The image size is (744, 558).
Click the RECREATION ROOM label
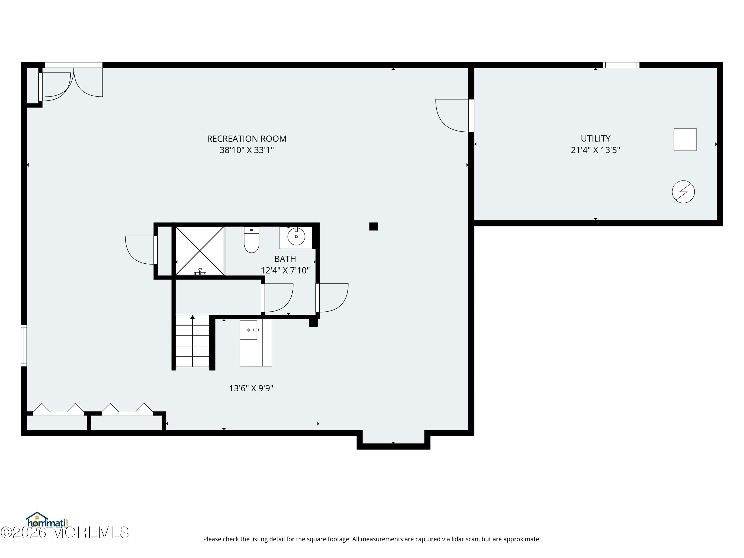tap(247, 139)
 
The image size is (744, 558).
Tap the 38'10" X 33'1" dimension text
tap(247, 150)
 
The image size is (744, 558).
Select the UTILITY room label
tap(595, 139)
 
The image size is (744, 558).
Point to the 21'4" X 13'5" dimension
tap(595, 150)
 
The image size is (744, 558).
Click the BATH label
tap(285, 259)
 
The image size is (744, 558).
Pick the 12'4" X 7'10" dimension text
tap(285, 270)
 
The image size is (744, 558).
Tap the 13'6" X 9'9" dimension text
tap(251, 388)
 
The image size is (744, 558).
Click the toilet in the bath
tap(251, 240)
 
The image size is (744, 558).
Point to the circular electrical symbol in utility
tap(683, 192)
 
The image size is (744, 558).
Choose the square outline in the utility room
tap(685, 140)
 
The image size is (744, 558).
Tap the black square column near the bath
tap(373, 226)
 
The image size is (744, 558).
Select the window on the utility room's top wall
tap(621, 65)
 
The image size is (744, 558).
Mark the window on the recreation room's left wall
tap(24, 345)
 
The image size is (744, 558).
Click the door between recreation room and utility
tap(454, 115)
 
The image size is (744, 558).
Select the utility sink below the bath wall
tap(256, 342)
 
